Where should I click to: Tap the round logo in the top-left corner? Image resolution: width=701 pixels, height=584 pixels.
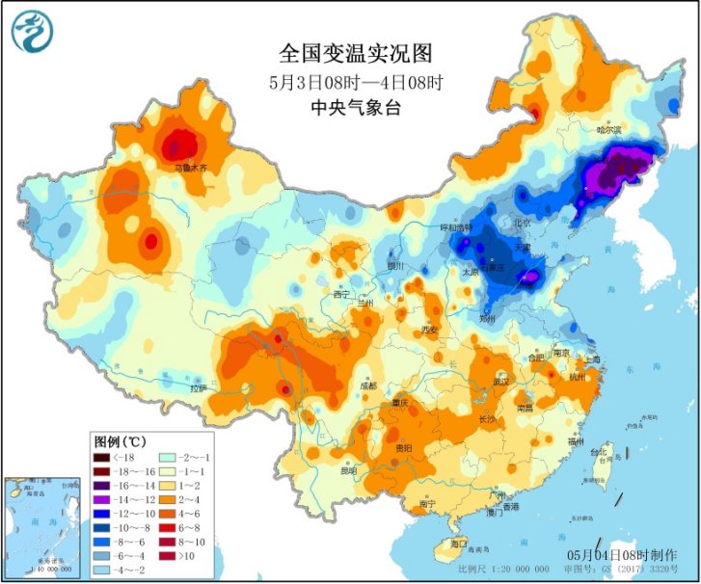[31, 30]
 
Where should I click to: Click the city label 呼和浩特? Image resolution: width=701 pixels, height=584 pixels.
[457, 228]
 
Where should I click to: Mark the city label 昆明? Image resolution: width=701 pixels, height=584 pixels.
[347, 470]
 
